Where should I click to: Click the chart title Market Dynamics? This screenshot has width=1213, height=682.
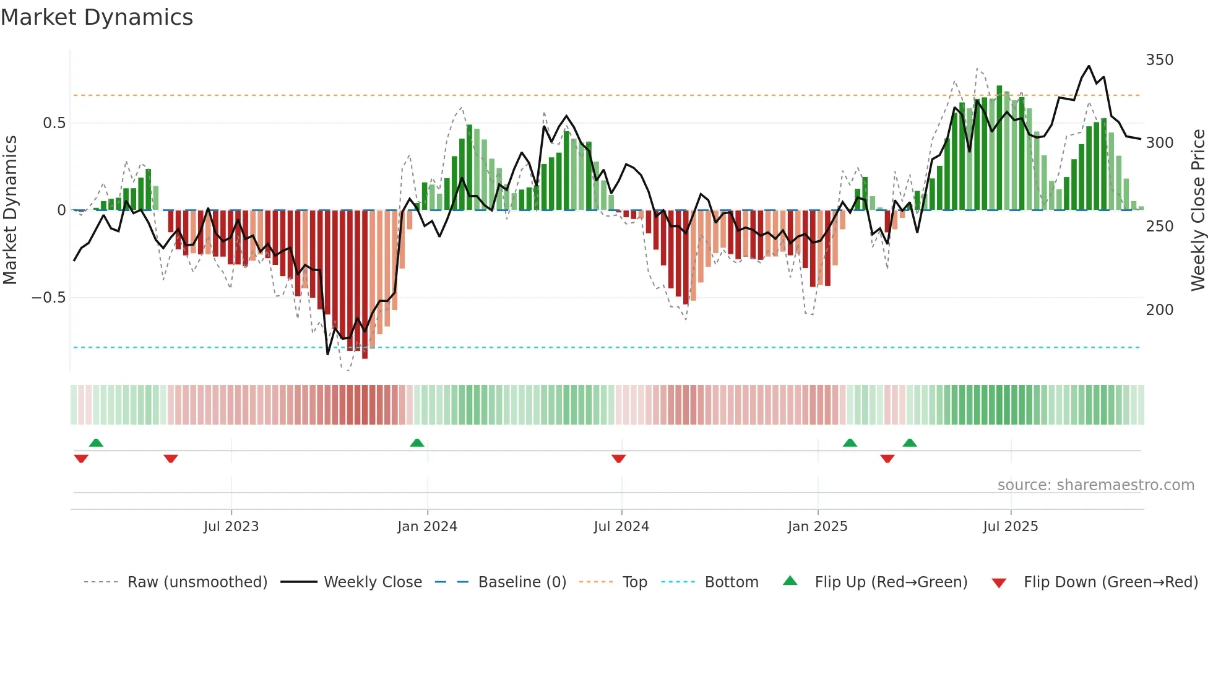(x=97, y=17)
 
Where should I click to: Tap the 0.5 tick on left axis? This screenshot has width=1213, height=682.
(x=54, y=123)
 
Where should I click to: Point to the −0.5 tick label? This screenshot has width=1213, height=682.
(x=49, y=298)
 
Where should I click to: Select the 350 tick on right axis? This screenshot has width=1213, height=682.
(x=1159, y=60)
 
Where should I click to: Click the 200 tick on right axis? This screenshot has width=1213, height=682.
(x=1159, y=310)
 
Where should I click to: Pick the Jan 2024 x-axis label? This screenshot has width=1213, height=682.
(x=427, y=527)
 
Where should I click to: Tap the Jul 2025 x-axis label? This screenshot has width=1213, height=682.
(x=1010, y=527)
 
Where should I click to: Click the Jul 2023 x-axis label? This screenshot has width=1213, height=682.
(x=231, y=527)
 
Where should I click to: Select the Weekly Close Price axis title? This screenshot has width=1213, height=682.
(x=1198, y=210)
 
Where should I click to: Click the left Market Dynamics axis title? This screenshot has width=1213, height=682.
(x=10, y=210)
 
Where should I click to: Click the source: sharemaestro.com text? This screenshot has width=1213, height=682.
(x=1095, y=485)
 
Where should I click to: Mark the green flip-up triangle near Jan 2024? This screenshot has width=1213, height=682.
(x=417, y=443)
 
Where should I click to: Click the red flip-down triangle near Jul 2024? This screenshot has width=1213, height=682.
(x=618, y=458)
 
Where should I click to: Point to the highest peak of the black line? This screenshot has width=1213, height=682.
(x=1089, y=66)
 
